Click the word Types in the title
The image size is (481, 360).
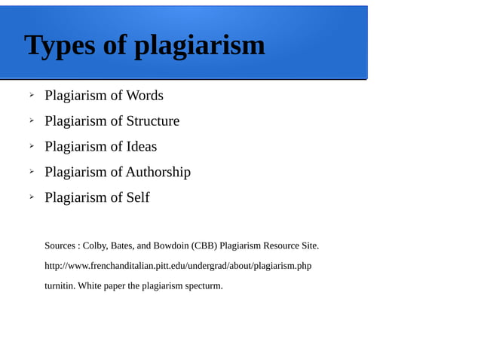[60, 46]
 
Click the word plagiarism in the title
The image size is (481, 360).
[200, 47]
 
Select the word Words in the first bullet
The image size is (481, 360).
[145, 96]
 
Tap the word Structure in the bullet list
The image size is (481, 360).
[153, 121]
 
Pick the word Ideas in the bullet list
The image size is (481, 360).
[142, 146]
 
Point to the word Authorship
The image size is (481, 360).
[158, 172]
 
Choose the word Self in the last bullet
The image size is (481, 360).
[138, 197]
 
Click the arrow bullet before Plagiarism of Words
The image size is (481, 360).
[32, 96]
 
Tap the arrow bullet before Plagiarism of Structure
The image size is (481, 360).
[32, 121]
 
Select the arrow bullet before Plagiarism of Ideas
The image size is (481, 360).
[32, 146]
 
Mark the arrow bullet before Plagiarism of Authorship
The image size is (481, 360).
[32, 172]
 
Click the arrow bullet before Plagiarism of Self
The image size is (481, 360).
[32, 197]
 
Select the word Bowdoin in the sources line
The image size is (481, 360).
[170, 246]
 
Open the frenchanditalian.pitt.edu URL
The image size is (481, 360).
[178, 266]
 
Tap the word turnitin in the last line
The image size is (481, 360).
[60, 285]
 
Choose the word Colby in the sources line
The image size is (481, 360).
[95, 246]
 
